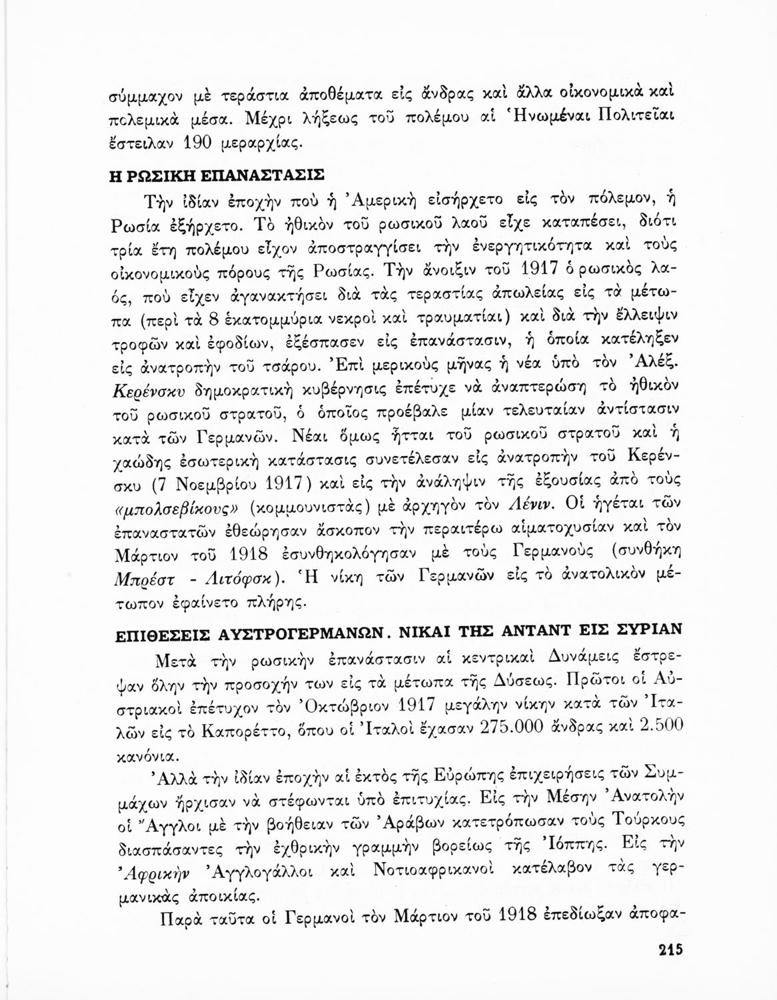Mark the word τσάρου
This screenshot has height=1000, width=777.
click(x=254, y=366)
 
